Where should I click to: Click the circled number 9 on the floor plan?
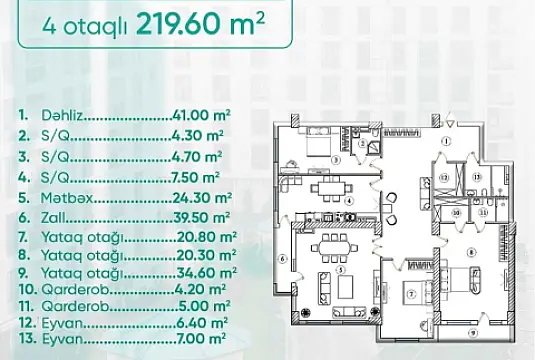point(472,332)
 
